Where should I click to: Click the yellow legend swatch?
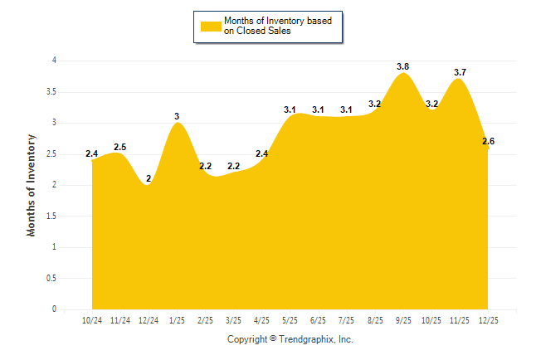click(x=210, y=26)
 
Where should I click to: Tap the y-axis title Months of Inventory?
click(x=32, y=185)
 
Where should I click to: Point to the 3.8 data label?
click(x=403, y=66)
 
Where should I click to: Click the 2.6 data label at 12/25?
click(x=488, y=141)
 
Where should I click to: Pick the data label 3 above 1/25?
click(x=177, y=116)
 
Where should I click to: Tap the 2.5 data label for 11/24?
click(x=119, y=147)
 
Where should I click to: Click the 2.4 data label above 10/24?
click(x=91, y=153)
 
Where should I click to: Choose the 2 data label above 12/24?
click(x=149, y=178)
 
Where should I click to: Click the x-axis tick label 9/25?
click(x=403, y=319)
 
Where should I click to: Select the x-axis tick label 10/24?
click(x=92, y=319)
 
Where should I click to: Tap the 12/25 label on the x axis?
click(x=490, y=319)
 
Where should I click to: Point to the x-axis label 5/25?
click(x=290, y=319)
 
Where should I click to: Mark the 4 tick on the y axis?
click(x=54, y=61)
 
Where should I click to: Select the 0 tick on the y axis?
click(x=54, y=309)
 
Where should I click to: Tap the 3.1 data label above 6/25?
click(x=319, y=109)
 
